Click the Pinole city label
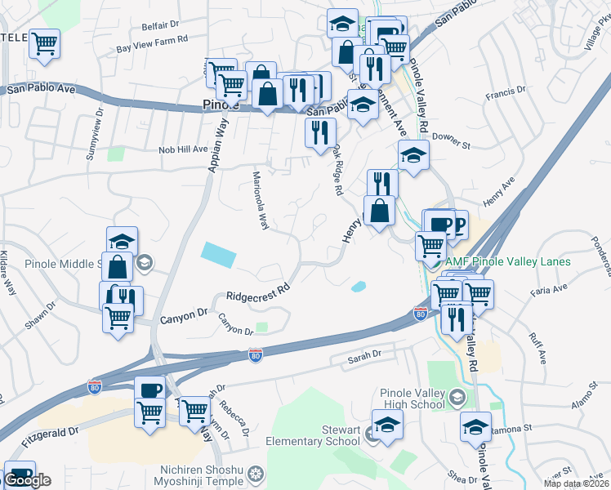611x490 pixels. click(219, 105)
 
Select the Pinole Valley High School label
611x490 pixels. click(413, 399)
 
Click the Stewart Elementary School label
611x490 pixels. click(312, 434)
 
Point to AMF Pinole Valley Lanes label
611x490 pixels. click(509, 262)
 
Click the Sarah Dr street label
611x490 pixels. click(365, 355)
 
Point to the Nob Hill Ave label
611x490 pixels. click(184, 149)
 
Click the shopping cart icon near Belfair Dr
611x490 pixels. click(45, 42)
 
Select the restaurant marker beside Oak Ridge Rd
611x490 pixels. click(319, 131)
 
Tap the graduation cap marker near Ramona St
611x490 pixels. click(475, 426)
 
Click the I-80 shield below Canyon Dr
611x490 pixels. click(256, 354)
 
